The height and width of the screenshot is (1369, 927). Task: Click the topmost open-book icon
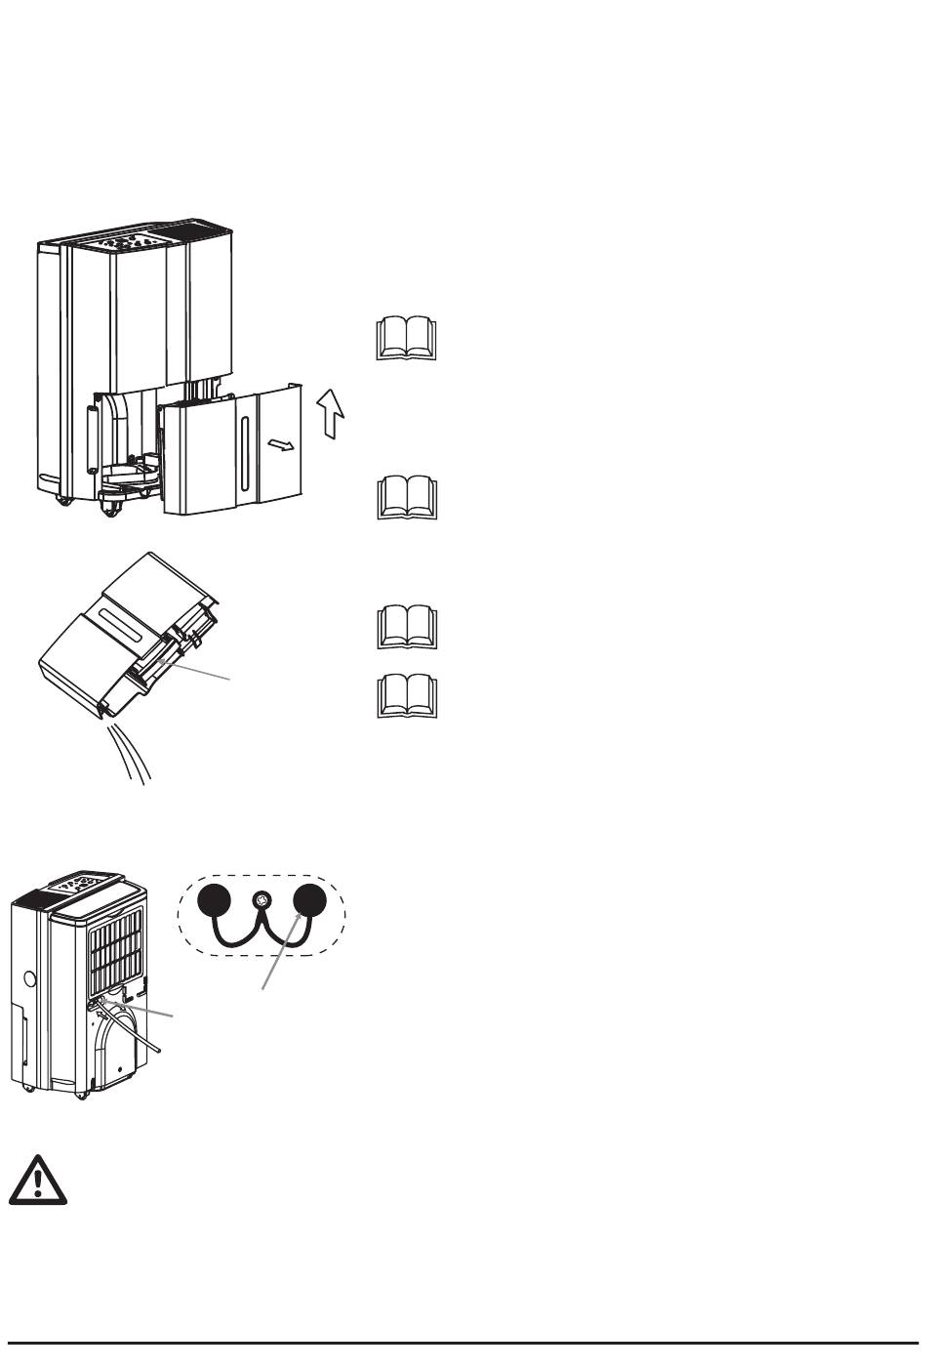(x=407, y=338)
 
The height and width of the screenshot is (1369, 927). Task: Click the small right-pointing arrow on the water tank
(x=280, y=445)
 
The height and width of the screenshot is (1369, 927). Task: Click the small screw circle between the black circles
(x=261, y=900)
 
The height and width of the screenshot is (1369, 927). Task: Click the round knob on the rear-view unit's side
(x=28, y=977)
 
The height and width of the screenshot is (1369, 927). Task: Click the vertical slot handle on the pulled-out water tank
(x=243, y=456)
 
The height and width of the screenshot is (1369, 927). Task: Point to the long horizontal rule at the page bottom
(x=463, y=1343)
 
